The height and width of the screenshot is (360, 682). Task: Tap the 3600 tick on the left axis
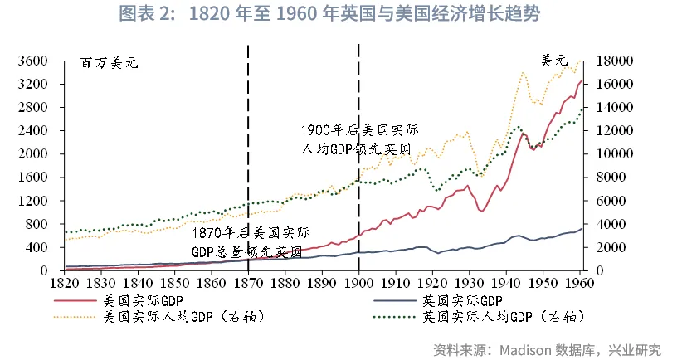35,61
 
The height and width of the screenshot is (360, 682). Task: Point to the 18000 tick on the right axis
617,61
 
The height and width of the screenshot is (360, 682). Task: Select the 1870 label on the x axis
247,283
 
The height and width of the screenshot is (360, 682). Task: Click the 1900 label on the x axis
358,283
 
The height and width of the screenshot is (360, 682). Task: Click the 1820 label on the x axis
64,283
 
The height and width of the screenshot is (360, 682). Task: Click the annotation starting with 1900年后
359,139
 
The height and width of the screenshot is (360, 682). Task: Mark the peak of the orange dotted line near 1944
523,72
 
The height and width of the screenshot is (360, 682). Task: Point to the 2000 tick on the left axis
35,154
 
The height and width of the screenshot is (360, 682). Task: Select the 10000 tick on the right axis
617,154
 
